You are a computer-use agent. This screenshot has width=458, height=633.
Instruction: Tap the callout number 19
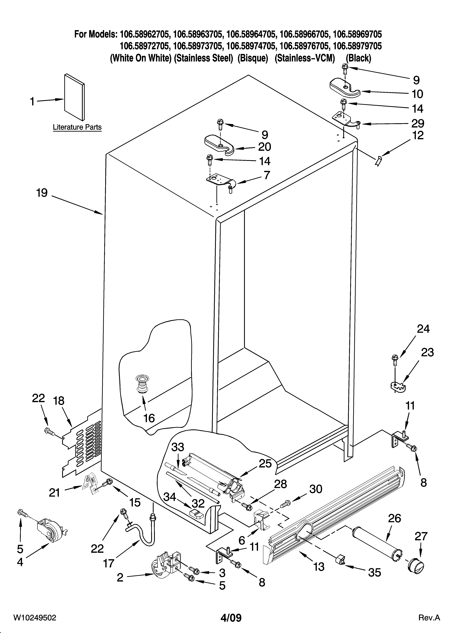coord(42,193)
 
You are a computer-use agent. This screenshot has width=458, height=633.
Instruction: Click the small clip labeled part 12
coord(379,161)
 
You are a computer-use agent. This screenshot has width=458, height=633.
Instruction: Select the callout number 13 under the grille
coord(319,567)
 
